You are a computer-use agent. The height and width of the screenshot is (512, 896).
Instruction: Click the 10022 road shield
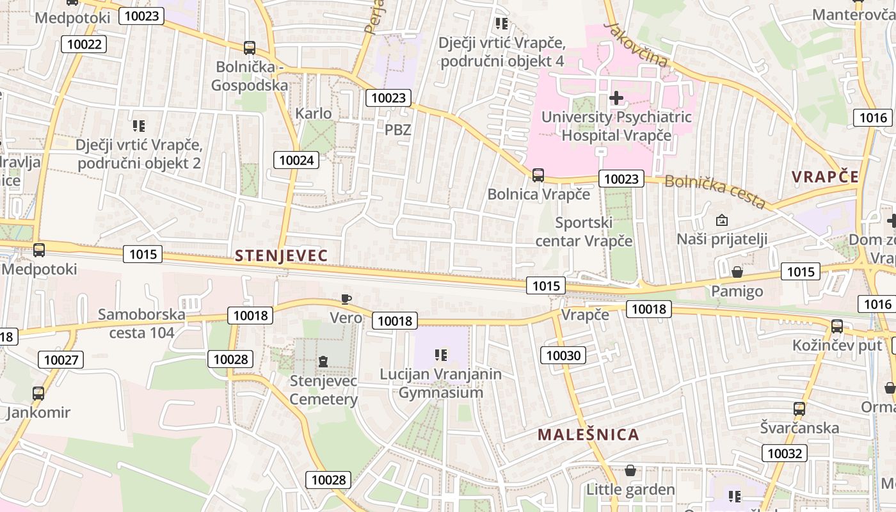coord(84,44)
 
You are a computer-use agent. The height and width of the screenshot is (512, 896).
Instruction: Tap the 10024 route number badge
coord(296,160)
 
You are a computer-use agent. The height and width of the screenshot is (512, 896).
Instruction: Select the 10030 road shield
coord(563,355)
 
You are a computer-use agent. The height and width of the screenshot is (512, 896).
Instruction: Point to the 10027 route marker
coord(61,360)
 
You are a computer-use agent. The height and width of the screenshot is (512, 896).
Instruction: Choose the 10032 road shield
coord(784,454)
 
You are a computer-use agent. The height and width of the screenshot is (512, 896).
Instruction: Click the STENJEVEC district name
coord(281,256)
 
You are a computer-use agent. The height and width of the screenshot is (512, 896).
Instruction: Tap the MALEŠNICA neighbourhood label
coord(588,435)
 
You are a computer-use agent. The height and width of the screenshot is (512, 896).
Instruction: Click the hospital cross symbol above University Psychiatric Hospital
coord(616,98)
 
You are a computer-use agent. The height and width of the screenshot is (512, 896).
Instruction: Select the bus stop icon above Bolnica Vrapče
coord(538,175)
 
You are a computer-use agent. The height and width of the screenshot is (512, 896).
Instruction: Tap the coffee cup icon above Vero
coord(346,299)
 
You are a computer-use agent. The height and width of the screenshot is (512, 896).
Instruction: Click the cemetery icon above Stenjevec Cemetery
coord(323,362)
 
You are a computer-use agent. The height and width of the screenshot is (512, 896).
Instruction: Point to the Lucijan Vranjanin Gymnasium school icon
coord(440,355)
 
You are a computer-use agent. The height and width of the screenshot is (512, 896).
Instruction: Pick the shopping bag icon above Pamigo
coord(737,272)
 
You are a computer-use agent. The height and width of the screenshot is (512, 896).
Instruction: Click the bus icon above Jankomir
coord(38,393)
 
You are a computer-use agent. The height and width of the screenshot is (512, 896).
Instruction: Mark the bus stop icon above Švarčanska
coord(799,408)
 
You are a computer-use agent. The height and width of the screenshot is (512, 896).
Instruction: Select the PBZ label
coord(397,129)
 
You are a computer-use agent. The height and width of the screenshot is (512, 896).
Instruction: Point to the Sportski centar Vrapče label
coord(584,232)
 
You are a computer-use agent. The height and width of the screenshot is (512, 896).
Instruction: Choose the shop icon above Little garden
coord(630,471)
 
